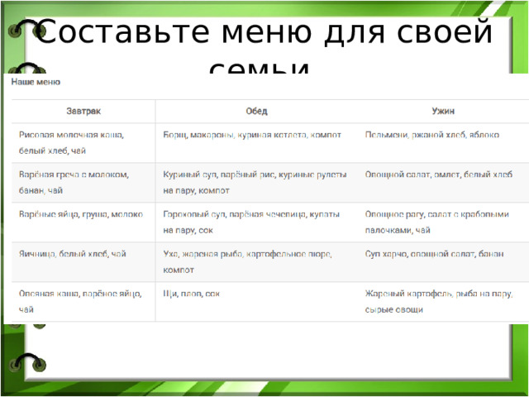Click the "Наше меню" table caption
[x=35, y=82]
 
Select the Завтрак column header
[x=83, y=110]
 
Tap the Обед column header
[x=256, y=110]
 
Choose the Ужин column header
[x=442, y=110]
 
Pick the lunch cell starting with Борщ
[x=252, y=134]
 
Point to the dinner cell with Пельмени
[x=431, y=134]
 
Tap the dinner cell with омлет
[x=438, y=175]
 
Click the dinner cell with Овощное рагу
[x=433, y=221]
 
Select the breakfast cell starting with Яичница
[x=73, y=253]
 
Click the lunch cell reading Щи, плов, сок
[x=192, y=293]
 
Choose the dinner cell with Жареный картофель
[x=438, y=301]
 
